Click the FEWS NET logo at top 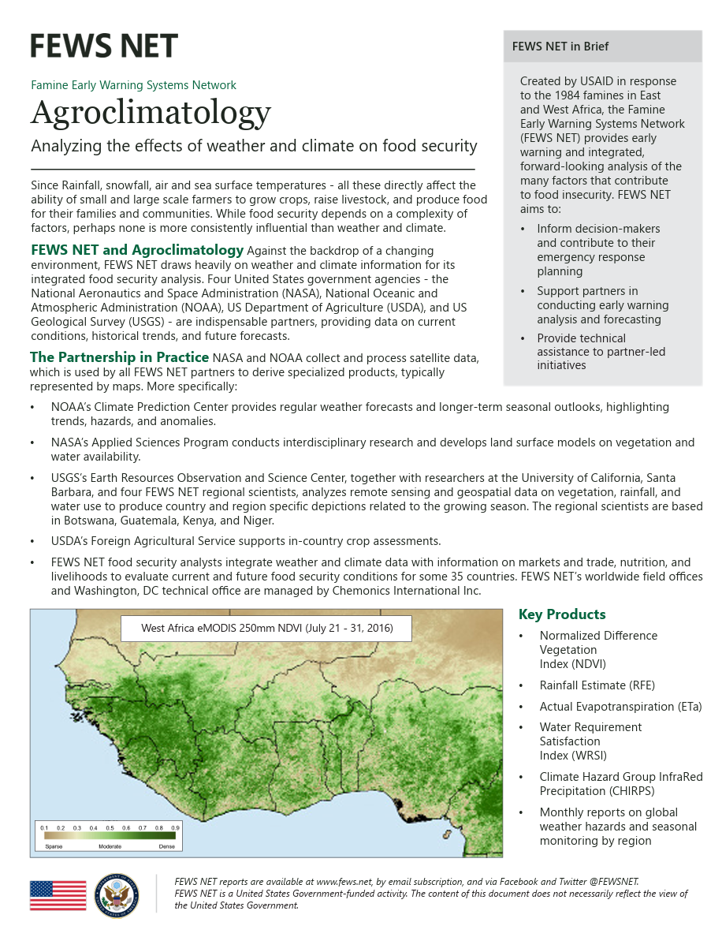(104, 46)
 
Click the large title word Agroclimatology (151, 113)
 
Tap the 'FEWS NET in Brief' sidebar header (560, 47)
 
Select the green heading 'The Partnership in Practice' (119, 357)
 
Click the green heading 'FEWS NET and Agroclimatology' (137, 250)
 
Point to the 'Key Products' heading (562, 614)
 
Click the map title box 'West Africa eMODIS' (266, 629)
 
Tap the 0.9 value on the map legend (175, 828)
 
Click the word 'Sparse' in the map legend (54, 846)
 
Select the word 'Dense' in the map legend (166, 846)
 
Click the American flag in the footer (58, 895)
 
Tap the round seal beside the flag (116, 895)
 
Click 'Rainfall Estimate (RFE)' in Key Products (597, 685)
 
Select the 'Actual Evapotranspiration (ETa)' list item (620, 707)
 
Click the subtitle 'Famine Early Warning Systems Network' (133, 85)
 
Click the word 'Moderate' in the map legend (110, 846)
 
